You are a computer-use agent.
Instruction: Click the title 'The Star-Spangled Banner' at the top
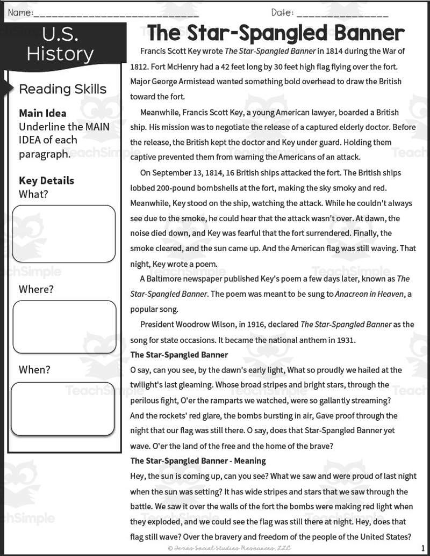pyautogui.click(x=276, y=33)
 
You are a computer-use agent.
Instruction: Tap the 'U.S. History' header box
pyautogui.click(x=60, y=45)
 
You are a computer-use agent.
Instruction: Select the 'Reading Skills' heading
pyautogui.click(x=62, y=89)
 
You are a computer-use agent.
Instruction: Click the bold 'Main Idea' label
pyautogui.click(x=42, y=113)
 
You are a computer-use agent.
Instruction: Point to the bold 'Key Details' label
pyautogui.click(x=46, y=180)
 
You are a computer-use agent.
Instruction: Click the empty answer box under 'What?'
pyautogui.click(x=64, y=233)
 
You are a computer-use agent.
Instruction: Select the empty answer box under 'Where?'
pyautogui.click(x=64, y=326)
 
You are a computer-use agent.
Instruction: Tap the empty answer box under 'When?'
pyautogui.click(x=63, y=408)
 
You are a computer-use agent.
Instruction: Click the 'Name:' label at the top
pyautogui.click(x=20, y=12)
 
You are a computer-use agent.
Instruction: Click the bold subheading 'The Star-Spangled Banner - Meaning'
pyautogui.click(x=198, y=461)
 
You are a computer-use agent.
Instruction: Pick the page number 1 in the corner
pyautogui.click(x=423, y=548)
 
